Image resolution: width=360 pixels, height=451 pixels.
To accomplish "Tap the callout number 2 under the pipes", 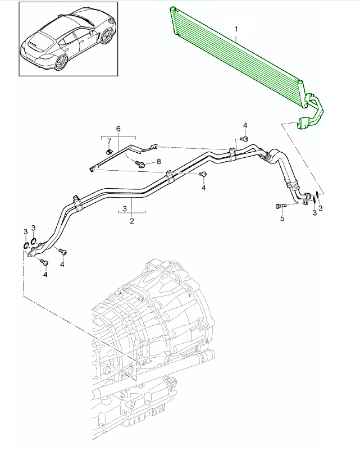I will [132, 221].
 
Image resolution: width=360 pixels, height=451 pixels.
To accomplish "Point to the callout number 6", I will [118, 129].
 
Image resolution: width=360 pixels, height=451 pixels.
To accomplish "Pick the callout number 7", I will [109, 140].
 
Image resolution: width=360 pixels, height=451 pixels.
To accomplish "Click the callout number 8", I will [158, 161].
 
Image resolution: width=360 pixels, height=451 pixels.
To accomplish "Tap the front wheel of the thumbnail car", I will [105, 36].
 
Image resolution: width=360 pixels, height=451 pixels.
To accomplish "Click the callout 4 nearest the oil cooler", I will [245, 124].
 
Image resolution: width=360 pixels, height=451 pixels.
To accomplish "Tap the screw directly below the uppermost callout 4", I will [244, 138].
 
